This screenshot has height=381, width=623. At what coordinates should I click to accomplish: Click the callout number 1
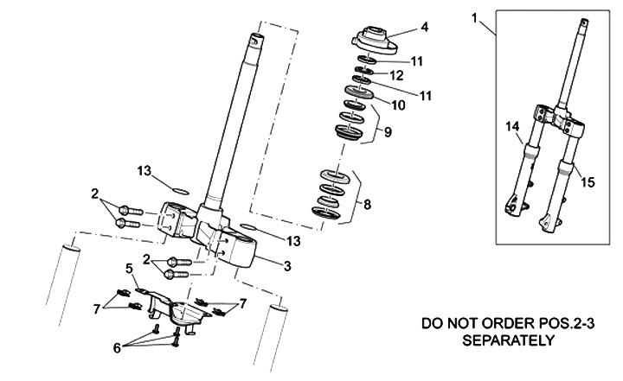tap(475, 16)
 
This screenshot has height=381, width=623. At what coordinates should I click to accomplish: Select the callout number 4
tap(424, 28)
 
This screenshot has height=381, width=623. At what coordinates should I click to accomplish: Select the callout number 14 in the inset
tap(511, 128)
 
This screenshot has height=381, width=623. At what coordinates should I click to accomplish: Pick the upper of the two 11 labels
tap(417, 60)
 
